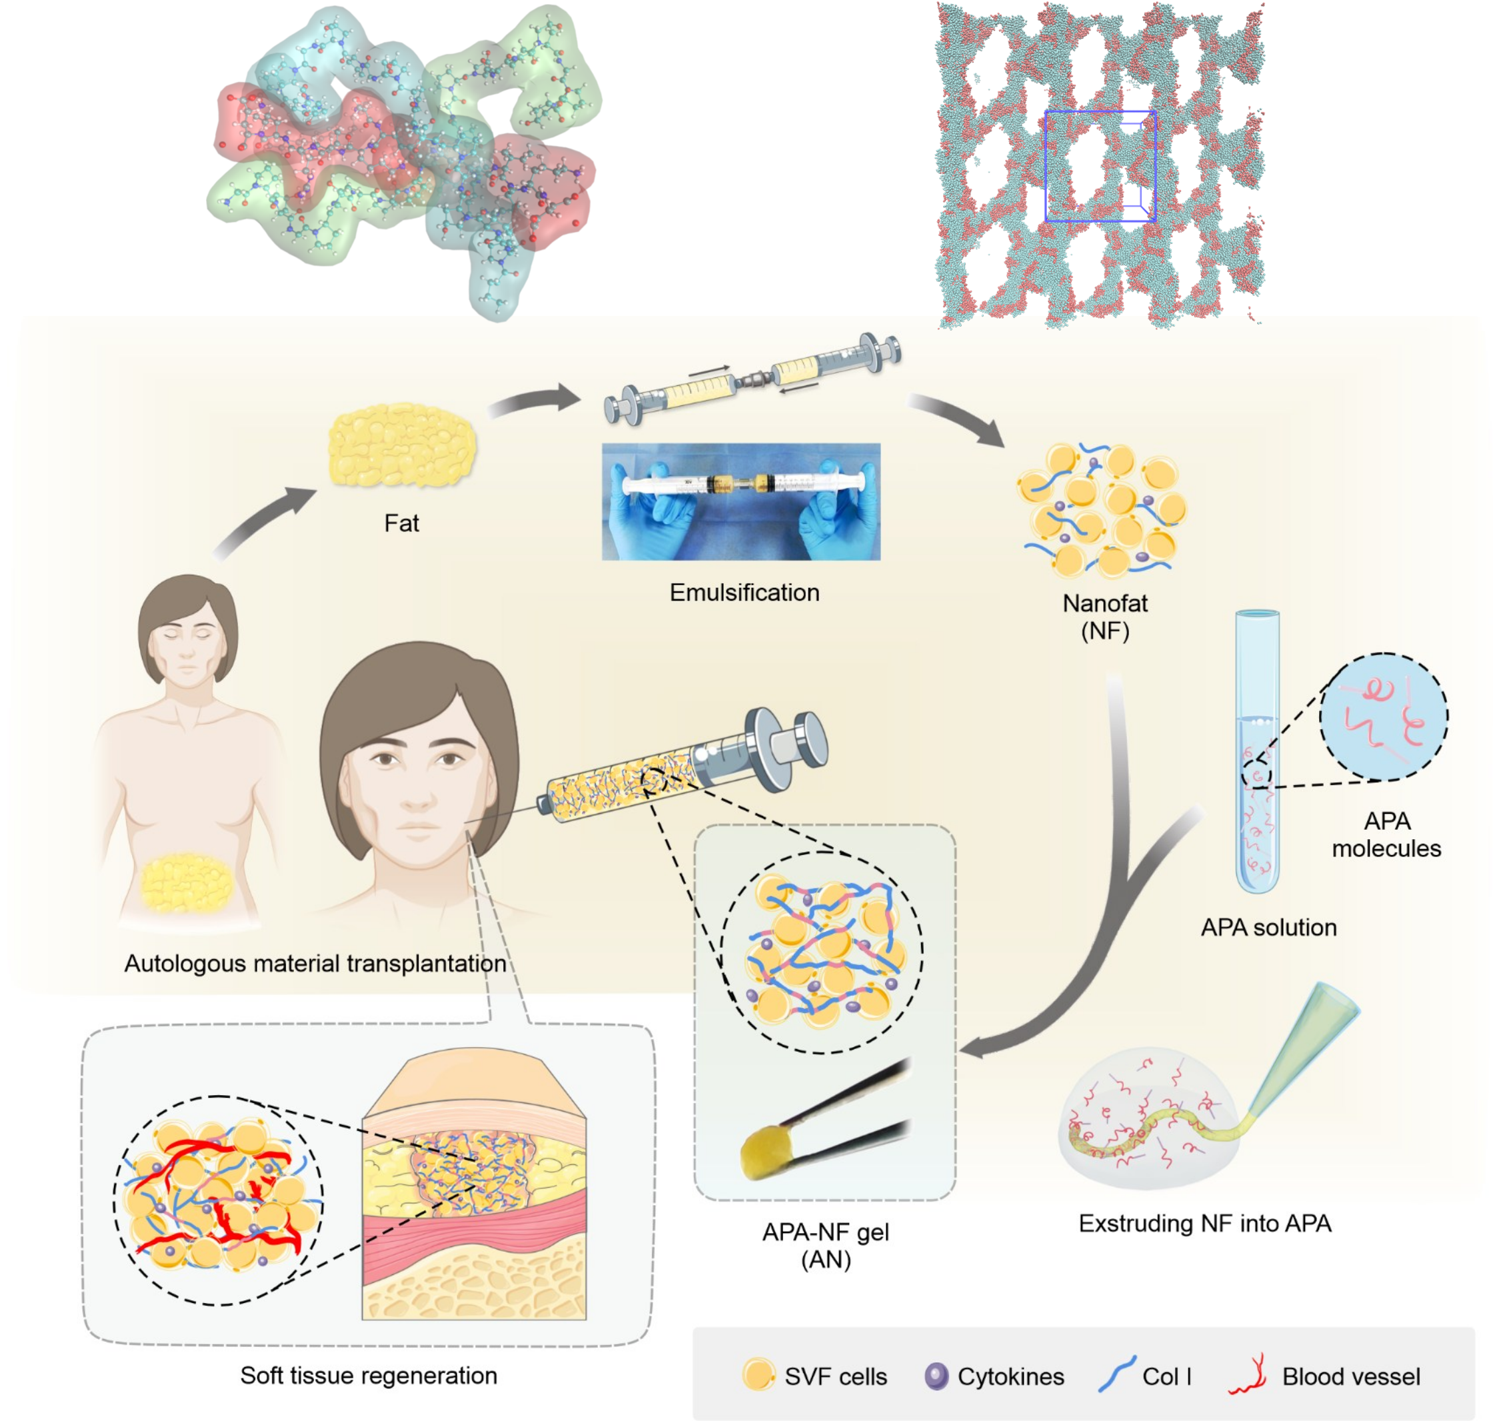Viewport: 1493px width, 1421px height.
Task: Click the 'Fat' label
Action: [401, 523]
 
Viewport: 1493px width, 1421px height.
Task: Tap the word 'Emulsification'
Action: [744, 593]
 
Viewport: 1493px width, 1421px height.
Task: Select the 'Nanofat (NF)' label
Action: [1104, 617]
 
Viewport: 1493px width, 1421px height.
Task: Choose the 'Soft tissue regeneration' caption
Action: [368, 1375]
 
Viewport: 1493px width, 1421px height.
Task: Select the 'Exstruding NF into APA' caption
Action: [1204, 1222]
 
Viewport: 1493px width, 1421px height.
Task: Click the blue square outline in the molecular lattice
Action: [1100, 166]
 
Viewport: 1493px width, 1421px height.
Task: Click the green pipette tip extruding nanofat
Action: [1303, 1049]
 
